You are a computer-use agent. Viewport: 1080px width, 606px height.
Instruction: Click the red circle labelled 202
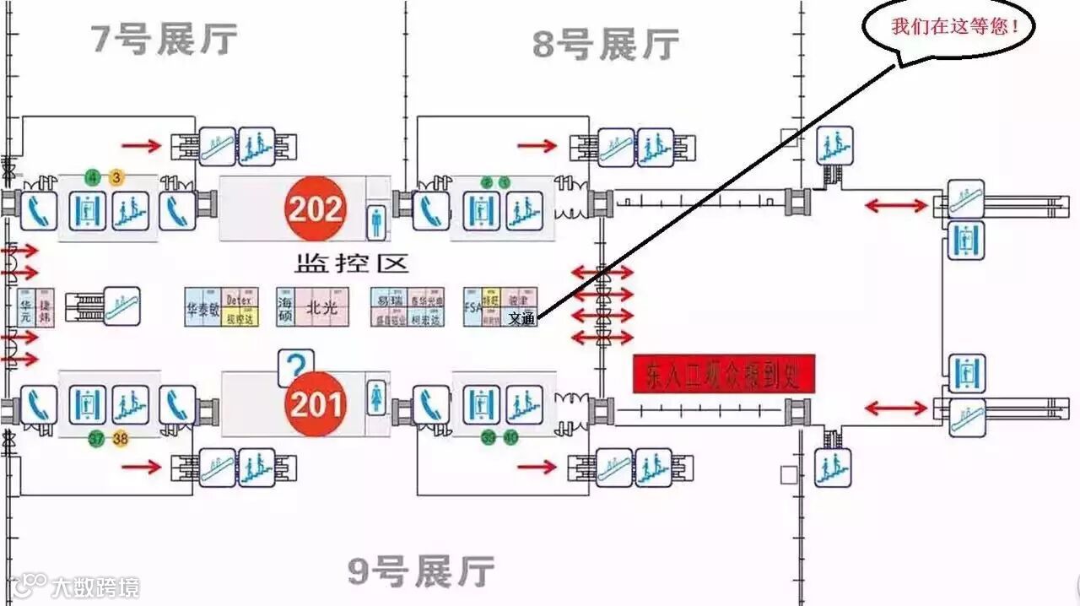click(x=315, y=208)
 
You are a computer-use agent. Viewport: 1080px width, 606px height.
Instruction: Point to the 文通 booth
click(x=521, y=319)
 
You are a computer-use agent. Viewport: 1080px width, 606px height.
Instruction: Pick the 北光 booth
click(x=321, y=308)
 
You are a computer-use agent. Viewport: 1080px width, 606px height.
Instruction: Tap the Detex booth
click(x=240, y=300)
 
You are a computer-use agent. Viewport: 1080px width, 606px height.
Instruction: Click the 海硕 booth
click(x=286, y=308)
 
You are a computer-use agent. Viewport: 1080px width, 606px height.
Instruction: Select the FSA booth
click(x=472, y=308)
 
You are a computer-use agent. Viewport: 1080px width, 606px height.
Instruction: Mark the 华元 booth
click(x=24, y=308)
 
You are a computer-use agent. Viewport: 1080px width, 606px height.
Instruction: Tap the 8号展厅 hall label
click(x=605, y=44)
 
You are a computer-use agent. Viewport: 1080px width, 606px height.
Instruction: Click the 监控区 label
click(x=351, y=263)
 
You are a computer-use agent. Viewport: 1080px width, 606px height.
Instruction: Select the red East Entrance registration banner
click(x=724, y=373)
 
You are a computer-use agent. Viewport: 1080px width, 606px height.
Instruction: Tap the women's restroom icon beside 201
click(x=376, y=397)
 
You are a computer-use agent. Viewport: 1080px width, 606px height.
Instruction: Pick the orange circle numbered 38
click(x=121, y=439)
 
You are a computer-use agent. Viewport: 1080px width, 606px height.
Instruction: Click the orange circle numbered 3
click(x=116, y=177)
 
